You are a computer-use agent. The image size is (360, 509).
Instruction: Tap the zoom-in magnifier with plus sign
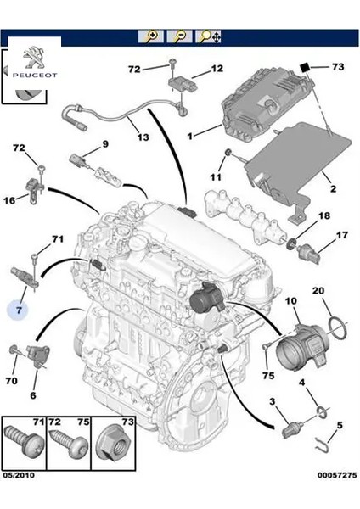pos(152,36)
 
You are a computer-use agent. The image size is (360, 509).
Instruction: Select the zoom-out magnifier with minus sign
pos(179,36)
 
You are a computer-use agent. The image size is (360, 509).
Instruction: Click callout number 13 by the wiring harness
pos(142,137)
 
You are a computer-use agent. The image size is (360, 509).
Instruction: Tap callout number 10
pos(290,301)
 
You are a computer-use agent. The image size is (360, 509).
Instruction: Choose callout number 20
pos(319,291)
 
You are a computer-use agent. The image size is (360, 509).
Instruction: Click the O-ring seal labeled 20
pos(337,326)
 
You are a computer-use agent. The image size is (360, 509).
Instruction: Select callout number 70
pos(11,381)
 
